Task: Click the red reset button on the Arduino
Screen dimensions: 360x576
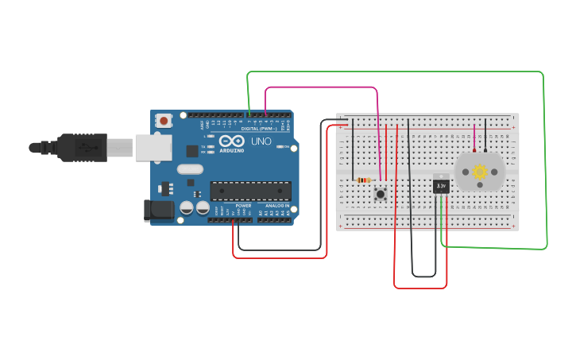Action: point(164,121)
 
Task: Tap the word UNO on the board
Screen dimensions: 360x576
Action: point(261,142)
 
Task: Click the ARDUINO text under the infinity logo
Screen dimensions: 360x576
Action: point(232,150)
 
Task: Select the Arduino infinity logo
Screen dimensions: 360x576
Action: point(232,141)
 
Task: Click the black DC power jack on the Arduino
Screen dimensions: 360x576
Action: point(158,210)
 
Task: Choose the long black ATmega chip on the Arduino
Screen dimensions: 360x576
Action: point(250,191)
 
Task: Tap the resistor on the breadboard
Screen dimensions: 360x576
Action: point(364,180)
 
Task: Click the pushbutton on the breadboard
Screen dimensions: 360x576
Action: point(381,193)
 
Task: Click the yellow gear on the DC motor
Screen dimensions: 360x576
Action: point(480,172)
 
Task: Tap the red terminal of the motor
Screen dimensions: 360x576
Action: point(474,149)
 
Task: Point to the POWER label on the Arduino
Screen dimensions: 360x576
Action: point(243,205)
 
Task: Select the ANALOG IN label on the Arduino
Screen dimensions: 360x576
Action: point(276,205)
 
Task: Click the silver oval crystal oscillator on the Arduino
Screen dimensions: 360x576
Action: point(190,168)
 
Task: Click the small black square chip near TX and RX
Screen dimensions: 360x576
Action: point(192,150)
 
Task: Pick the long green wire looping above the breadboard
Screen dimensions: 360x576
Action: point(397,72)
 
